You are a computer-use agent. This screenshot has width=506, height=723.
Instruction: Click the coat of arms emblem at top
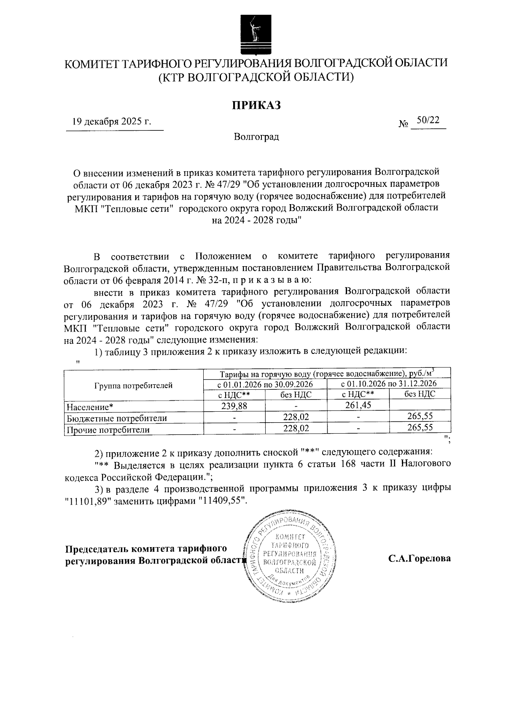click(x=255, y=34)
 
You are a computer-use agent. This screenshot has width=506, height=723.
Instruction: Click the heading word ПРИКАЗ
click(x=256, y=105)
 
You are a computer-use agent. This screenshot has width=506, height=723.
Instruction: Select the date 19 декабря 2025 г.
click(x=111, y=122)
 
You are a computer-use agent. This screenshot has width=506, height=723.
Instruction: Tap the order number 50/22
click(x=428, y=120)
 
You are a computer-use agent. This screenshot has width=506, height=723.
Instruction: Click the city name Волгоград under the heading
click(x=256, y=137)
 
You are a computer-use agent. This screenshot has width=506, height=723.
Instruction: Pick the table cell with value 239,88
click(x=234, y=406)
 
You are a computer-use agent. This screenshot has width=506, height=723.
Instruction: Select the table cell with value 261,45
click(x=358, y=406)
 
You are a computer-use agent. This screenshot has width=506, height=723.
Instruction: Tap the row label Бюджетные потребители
click(x=117, y=418)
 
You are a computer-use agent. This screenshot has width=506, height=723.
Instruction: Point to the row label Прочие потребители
click(x=108, y=430)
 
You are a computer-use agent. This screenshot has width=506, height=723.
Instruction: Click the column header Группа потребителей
click(x=133, y=385)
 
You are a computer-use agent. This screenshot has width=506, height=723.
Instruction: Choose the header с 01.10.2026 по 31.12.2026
click(x=388, y=384)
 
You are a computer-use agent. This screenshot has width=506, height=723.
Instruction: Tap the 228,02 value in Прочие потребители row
click(x=296, y=428)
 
